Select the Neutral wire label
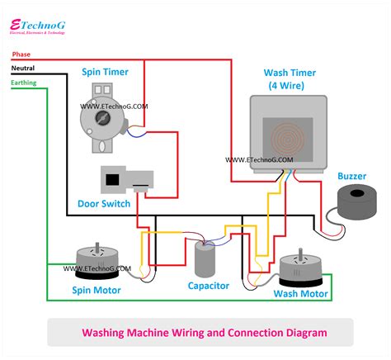(23, 69)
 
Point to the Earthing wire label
(24, 83)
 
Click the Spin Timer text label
(103, 72)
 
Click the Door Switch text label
(103, 204)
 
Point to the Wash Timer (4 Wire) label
(285, 78)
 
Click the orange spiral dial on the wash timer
(285, 136)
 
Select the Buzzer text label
(352, 176)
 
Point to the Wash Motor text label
(301, 293)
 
